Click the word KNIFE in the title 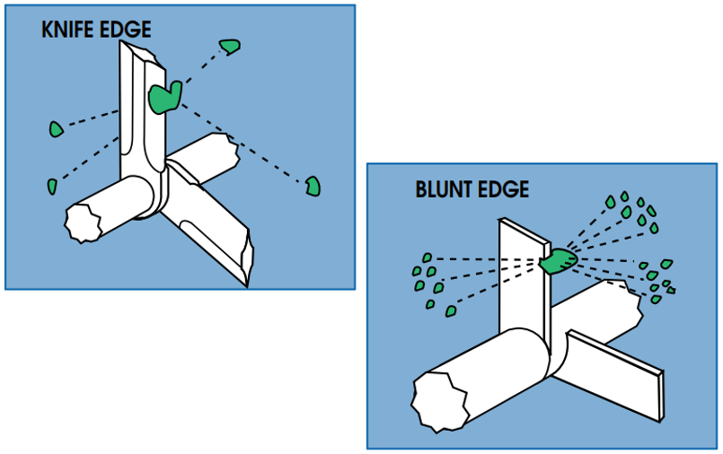(x=71, y=30)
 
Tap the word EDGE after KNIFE (x=128, y=30)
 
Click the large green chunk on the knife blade (x=164, y=96)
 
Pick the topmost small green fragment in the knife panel (x=231, y=45)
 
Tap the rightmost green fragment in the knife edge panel (x=313, y=186)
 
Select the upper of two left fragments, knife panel (x=56, y=129)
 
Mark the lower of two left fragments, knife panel (x=52, y=187)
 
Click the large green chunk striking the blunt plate (x=559, y=261)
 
